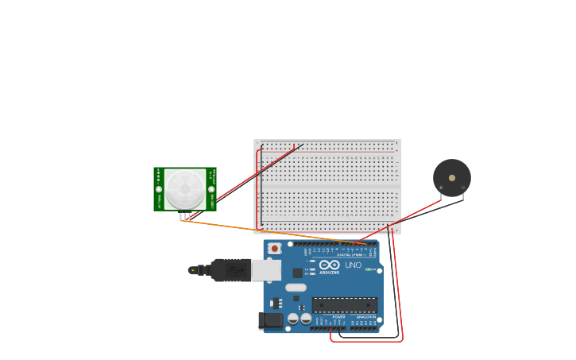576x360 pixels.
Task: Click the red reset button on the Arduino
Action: pyautogui.click(x=274, y=249)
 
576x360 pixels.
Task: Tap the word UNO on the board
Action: pyautogui.click(x=354, y=265)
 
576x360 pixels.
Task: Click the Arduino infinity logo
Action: pyautogui.click(x=330, y=265)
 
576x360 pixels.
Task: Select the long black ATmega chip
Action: pyautogui.click(x=345, y=304)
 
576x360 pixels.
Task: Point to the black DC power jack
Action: pyautogui.click(x=271, y=320)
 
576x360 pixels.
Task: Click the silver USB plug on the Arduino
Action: pyautogui.click(x=266, y=270)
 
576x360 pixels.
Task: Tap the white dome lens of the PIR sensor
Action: pyautogui.click(x=185, y=189)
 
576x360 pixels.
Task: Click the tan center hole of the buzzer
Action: pyautogui.click(x=452, y=177)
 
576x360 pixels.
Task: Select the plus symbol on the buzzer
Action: pyautogui.click(x=441, y=188)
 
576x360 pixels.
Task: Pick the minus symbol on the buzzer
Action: pyautogui.click(x=463, y=188)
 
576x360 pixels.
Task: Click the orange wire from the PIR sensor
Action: pyautogui.click(x=262, y=231)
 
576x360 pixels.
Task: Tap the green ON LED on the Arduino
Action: pyautogui.click(x=369, y=269)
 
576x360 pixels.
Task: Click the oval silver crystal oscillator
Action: pyautogui.click(x=296, y=288)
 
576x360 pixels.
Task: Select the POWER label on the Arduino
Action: pyautogui.click(x=338, y=317)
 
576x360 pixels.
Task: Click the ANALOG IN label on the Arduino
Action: pyautogui.click(x=365, y=317)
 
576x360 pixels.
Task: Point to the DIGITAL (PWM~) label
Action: pyautogui.click(x=350, y=254)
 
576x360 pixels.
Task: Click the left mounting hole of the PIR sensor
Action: pyautogui.click(x=159, y=189)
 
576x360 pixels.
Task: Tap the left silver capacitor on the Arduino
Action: pyautogui.click(x=293, y=318)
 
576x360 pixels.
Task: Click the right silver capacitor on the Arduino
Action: pyautogui.click(x=306, y=318)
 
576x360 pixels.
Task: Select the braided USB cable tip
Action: pyautogui.click(x=193, y=270)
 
